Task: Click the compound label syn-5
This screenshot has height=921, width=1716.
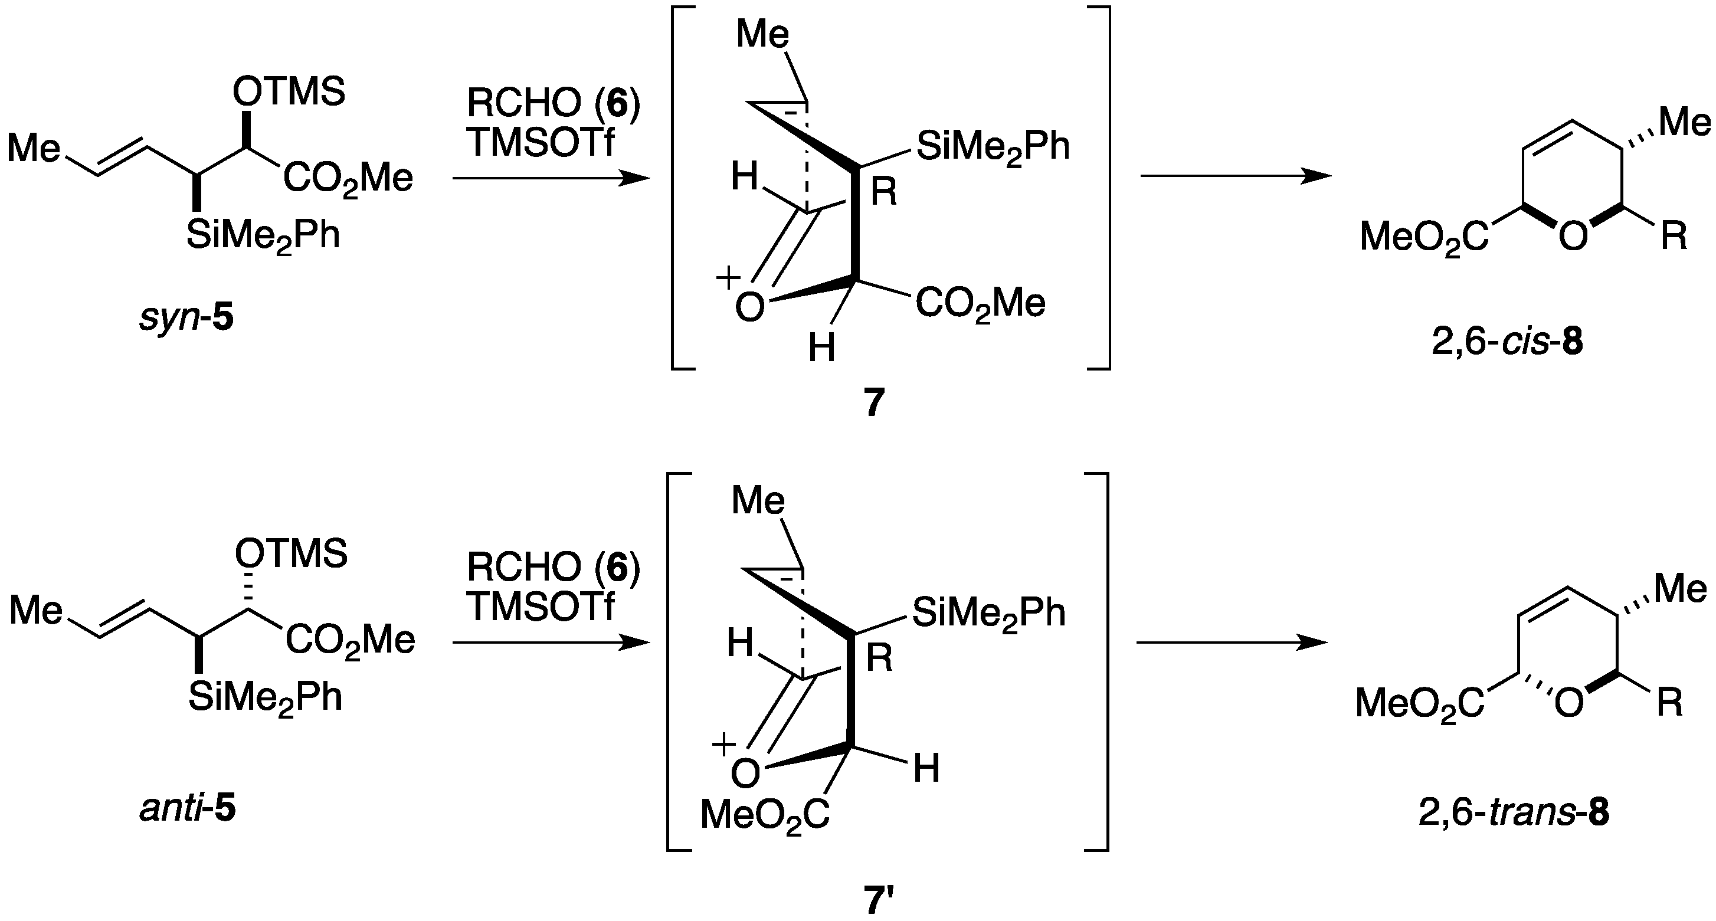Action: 186,319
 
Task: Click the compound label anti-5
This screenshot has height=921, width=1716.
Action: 188,810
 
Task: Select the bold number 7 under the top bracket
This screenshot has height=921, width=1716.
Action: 875,403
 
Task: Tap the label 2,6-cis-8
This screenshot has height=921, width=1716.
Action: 1507,345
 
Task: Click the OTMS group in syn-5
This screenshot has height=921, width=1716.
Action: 289,91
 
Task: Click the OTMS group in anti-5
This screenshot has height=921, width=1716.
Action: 290,554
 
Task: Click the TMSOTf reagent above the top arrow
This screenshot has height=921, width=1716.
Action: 539,142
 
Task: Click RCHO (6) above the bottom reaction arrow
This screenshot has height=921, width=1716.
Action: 553,568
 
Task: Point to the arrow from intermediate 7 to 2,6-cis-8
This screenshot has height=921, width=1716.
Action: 1236,176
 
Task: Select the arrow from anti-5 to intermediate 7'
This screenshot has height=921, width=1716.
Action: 550,643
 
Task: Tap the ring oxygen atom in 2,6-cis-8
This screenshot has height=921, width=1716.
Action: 1573,237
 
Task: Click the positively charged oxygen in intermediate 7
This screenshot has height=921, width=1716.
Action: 749,307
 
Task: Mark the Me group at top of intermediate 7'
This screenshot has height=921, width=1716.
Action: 758,501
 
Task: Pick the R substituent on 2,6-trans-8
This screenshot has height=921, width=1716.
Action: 1669,703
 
